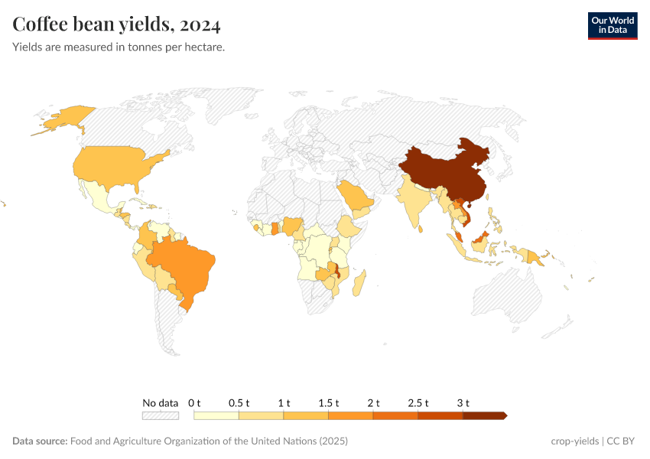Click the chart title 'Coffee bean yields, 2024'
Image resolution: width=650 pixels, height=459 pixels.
(x=117, y=25)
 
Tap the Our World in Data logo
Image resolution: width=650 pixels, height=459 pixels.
(x=612, y=25)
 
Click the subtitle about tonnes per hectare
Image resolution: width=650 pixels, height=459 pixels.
(x=119, y=47)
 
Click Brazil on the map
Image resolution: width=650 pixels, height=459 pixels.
(x=184, y=264)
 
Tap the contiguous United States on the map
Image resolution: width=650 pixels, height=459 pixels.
(x=115, y=168)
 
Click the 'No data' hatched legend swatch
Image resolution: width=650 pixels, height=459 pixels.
(x=161, y=415)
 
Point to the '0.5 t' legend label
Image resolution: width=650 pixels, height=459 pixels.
(x=239, y=402)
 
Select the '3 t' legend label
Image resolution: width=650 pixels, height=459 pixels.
(x=463, y=402)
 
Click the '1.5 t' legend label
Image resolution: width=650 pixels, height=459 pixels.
(x=329, y=402)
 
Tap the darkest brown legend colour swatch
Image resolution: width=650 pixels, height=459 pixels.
(x=483, y=415)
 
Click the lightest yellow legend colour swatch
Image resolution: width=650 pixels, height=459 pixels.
(x=216, y=415)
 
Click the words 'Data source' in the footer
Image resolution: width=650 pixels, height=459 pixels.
(x=40, y=441)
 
